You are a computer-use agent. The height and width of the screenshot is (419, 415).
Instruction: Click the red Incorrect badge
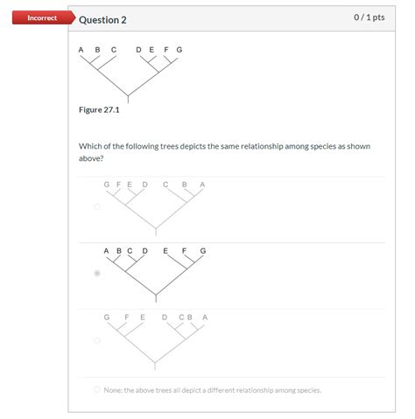click(x=44, y=17)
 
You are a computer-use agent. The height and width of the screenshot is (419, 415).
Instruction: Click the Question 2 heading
click(x=102, y=20)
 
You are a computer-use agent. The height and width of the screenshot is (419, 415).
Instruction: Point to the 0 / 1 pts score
click(x=369, y=17)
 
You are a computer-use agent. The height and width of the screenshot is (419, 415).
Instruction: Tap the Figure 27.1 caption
click(x=99, y=109)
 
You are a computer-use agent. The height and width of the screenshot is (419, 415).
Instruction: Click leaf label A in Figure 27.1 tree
click(x=81, y=50)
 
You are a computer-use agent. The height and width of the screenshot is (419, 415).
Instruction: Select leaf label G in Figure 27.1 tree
click(x=179, y=50)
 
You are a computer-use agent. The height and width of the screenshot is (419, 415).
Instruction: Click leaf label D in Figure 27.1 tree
click(x=138, y=50)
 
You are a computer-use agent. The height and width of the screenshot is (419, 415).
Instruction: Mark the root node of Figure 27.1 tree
click(x=128, y=95)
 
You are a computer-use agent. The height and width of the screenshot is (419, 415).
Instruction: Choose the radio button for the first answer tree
click(x=97, y=206)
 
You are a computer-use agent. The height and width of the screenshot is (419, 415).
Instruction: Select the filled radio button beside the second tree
click(x=97, y=273)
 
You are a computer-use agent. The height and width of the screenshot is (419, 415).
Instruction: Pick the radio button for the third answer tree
click(x=97, y=340)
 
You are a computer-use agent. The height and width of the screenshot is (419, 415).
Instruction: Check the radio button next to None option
click(x=97, y=389)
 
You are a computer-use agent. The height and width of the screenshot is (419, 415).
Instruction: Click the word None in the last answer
click(x=113, y=390)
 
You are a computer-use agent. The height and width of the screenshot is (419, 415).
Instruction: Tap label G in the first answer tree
click(x=107, y=185)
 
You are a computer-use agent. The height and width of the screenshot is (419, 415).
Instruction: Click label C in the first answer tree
click(x=165, y=185)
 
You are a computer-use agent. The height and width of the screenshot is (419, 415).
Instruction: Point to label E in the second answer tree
click(x=165, y=251)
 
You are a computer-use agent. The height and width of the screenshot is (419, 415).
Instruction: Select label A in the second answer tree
click(x=106, y=251)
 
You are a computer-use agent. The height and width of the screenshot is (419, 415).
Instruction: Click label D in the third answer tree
click(x=165, y=318)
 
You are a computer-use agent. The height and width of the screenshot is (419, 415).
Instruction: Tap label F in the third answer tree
click(x=127, y=318)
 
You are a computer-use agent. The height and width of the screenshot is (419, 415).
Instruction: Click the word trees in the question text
click(x=169, y=146)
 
